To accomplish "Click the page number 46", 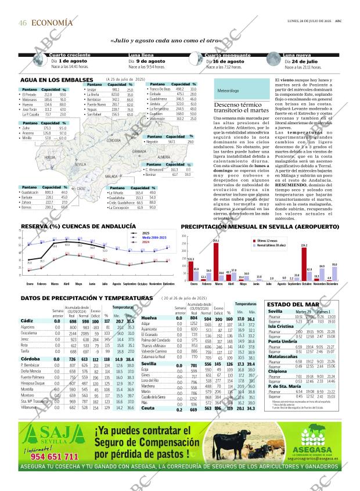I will coord(23,23).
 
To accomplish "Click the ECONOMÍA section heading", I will coord(52,23).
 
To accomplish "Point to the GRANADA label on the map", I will coord(139,151).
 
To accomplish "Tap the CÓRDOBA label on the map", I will coord(114,140).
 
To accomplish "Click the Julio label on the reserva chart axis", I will coord(105,284).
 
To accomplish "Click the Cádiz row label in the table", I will coord(27,321).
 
